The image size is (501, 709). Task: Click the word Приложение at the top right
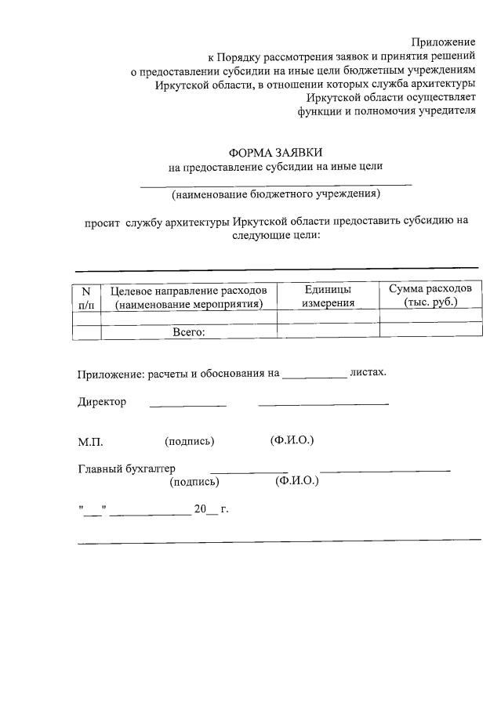point(444,41)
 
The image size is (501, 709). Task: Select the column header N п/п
point(87,298)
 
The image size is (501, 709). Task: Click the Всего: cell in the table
point(189,332)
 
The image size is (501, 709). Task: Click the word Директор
point(101,402)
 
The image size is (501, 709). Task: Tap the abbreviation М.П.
point(90,442)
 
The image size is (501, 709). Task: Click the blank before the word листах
point(314,374)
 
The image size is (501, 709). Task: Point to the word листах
point(368,372)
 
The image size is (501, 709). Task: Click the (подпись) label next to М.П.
point(190,441)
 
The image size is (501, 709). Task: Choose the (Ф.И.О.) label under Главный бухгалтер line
point(297,481)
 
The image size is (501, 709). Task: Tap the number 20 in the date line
point(200,509)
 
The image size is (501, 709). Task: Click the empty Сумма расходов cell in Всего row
point(430,331)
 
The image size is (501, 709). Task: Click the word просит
point(102,221)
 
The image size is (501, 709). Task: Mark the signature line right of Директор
point(188,403)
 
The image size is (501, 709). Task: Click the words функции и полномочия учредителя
point(387,111)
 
